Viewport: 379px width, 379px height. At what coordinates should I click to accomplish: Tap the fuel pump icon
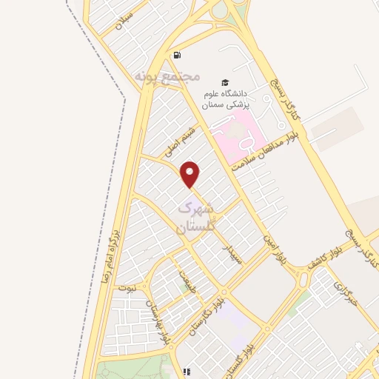[x=176, y=55]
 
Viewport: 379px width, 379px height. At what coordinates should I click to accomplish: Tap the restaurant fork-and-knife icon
[x=187, y=372]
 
